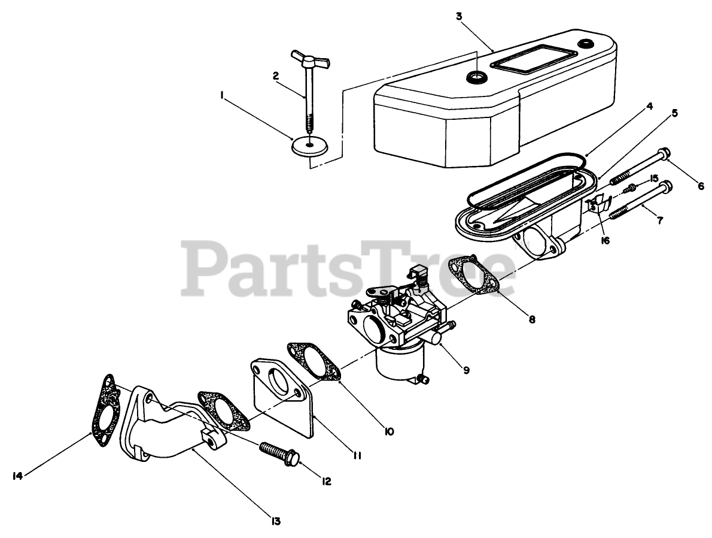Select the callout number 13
(x=275, y=521)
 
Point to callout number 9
(x=466, y=370)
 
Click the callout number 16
(x=605, y=241)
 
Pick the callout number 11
(x=357, y=455)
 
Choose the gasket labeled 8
(x=476, y=276)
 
